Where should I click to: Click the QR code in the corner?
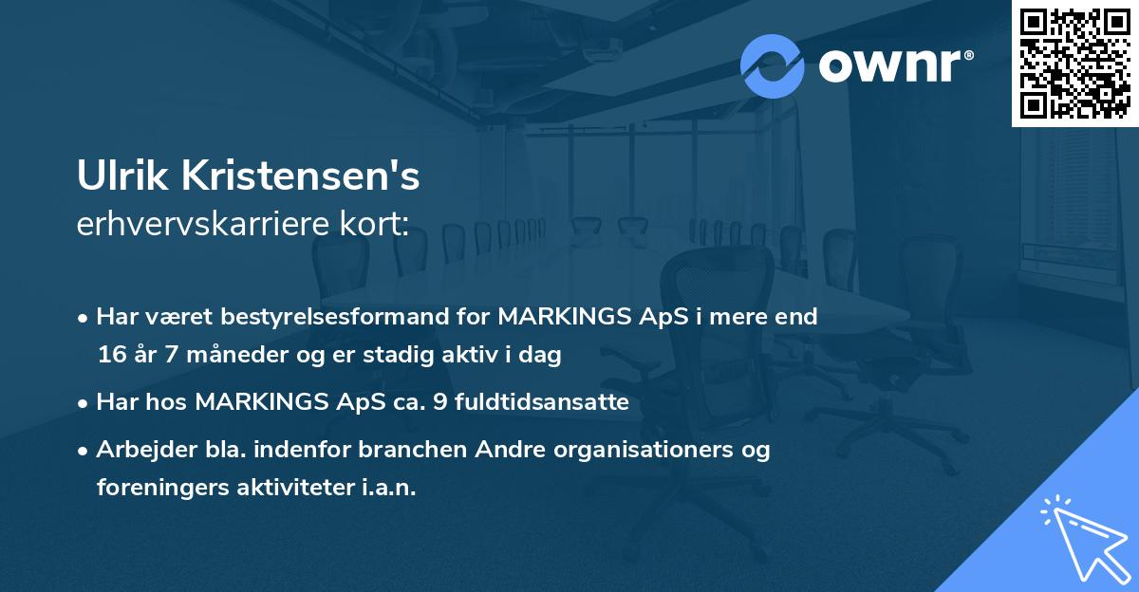(1074, 64)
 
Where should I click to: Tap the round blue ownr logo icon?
(773, 65)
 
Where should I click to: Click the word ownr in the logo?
(888, 66)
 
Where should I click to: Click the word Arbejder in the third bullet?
(139, 450)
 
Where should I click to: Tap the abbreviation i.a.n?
(390, 488)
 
